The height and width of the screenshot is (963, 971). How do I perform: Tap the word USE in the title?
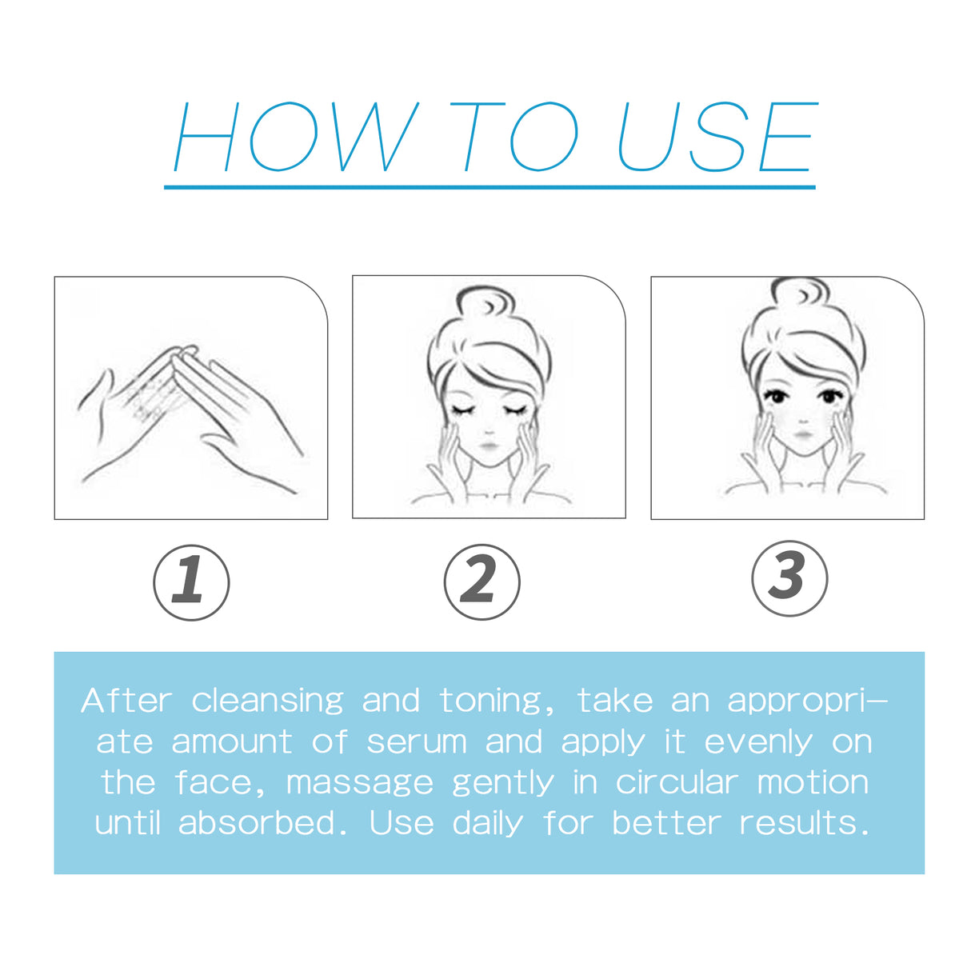pos(717,138)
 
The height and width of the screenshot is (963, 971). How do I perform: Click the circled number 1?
pos(191,581)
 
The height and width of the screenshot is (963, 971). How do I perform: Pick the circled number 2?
pos(482,581)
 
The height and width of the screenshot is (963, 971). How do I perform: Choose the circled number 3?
pos(789,578)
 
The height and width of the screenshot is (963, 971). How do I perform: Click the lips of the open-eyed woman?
pos(802,435)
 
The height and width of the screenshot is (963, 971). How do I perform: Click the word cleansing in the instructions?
pos(267,701)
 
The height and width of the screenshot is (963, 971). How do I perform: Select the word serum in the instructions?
pos(416,742)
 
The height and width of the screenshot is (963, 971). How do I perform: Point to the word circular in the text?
pos(676,782)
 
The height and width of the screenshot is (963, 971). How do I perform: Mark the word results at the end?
pos(803,823)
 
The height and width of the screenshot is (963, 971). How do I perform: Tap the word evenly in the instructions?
pos(757,742)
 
